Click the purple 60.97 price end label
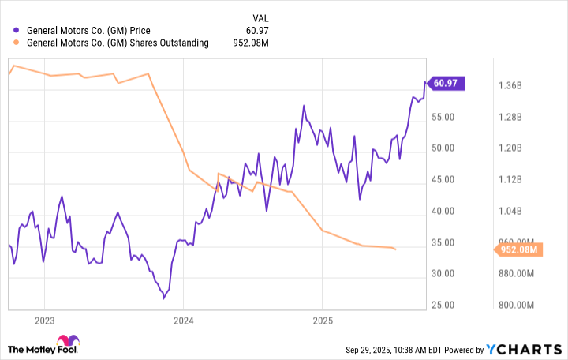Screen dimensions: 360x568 point(447,82)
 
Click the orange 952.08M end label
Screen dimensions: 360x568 point(519,250)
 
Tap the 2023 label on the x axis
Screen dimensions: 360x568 point(44,321)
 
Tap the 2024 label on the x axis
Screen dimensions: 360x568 point(183,321)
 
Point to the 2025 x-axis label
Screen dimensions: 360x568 point(323,321)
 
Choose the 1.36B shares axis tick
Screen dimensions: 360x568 point(513,85)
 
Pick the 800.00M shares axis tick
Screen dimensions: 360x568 point(513,306)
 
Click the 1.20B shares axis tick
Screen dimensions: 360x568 point(513,148)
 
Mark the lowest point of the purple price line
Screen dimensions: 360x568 point(163,298)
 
